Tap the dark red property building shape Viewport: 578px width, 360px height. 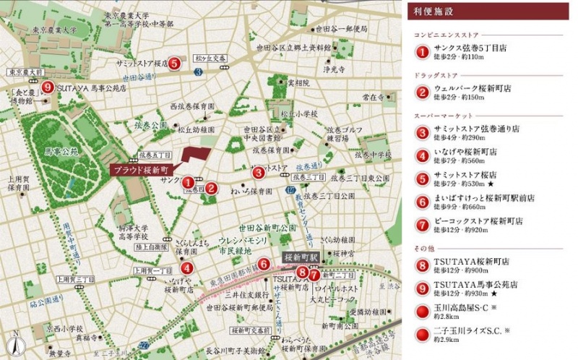pos(194,158)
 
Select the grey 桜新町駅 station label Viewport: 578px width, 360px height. pos(300,257)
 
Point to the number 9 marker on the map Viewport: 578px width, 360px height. pos(47,87)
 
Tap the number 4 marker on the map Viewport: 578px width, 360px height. pos(187,268)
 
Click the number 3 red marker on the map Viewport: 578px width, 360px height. pos(258,172)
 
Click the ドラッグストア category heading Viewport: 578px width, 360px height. pos(438,75)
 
